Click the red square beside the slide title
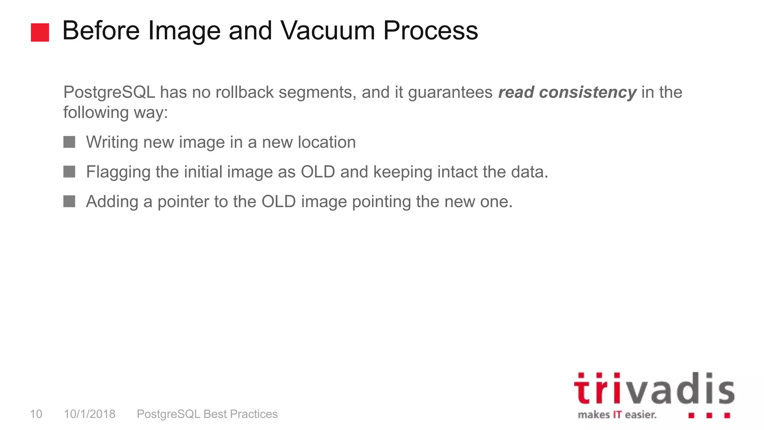(40, 32)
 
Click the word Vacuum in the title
(328, 31)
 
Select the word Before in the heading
(101, 31)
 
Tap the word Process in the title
(430, 31)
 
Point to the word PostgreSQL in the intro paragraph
(109, 92)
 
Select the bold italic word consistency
(588, 92)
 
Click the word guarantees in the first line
(450, 92)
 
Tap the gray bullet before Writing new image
(69, 142)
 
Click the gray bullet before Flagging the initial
(69, 172)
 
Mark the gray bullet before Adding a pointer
(69, 202)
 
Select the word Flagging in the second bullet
(118, 172)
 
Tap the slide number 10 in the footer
(36, 414)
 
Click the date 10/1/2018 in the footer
(90, 414)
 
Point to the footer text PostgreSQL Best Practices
(207, 414)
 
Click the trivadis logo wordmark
(654, 389)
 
